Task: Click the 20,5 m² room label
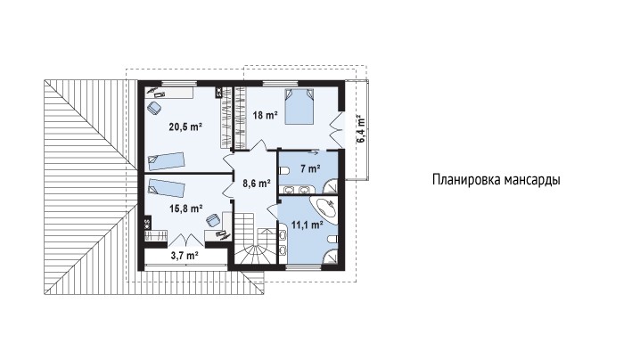tap(185, 127)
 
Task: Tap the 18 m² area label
tap(266, 115)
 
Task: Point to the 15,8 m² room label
tap(186, 209)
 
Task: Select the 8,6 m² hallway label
tap(257, 184)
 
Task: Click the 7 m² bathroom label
tap(310, 168)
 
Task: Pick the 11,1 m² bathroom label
tap(308, 224)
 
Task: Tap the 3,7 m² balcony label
tap(185, 256)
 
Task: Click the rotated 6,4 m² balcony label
tap(361, 128)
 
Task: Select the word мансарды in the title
tap(532, 180)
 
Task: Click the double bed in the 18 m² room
tap(299, 107)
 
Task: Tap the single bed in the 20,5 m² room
tap(167, 161)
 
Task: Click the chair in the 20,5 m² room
tap(155, 108)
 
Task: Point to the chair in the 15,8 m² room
tap(213, 220)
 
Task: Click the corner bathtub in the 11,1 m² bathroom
tap(324, 209)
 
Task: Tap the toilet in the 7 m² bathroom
tap(283, 170)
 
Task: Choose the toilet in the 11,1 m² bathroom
tap(332, 239)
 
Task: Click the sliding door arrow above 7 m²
tap(314, 153)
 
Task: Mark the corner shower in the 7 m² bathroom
tap(331, 186)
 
